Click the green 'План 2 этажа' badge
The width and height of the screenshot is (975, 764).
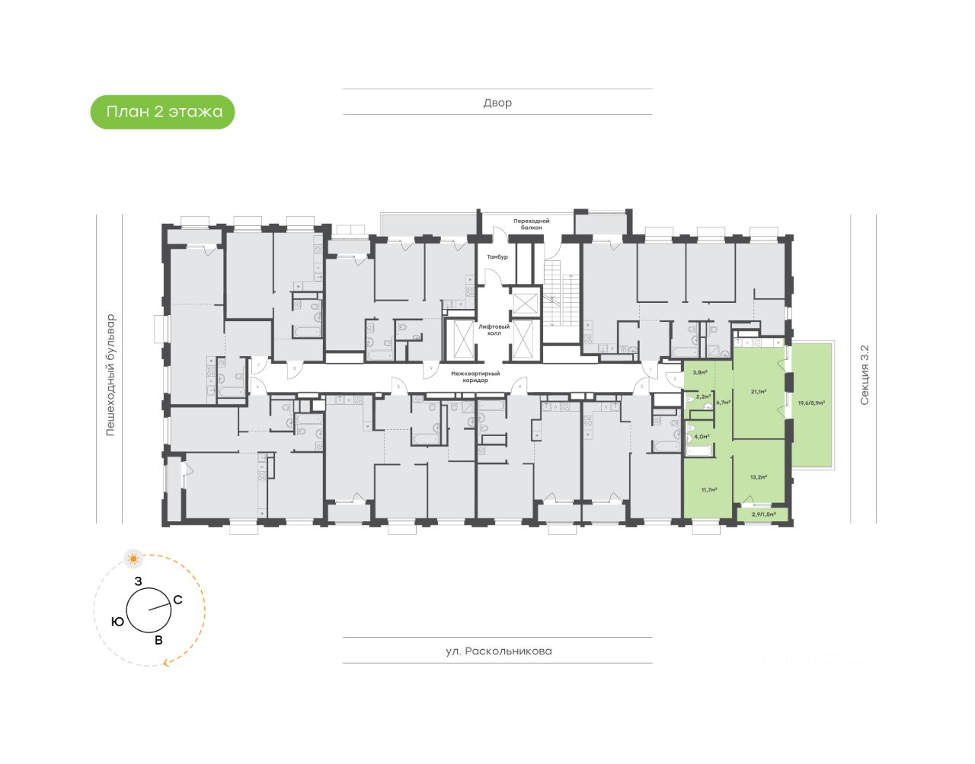pos(163,113)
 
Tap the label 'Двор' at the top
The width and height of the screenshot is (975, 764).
pos(497,103)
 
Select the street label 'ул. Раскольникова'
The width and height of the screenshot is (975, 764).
pos(499,651)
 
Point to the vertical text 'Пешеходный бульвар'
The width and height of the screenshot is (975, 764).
pos(110,374)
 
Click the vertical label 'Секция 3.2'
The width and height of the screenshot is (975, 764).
pos(864,374)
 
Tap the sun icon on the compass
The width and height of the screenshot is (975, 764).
pos(134,559)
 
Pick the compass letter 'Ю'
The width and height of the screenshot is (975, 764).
pos(117,622)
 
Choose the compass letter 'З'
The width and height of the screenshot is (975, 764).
pos(138,581)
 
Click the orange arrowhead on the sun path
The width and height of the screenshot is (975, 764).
pos(165,664)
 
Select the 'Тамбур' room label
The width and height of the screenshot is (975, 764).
pos(497,257)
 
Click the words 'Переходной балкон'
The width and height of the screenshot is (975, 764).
pos(531,224)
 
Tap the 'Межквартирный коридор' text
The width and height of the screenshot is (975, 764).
pos(469,377)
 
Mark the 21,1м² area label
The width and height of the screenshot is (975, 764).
pos(758,392)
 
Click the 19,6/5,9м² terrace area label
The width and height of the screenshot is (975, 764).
pos(812,403)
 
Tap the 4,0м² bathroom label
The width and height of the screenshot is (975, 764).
pos(701,437)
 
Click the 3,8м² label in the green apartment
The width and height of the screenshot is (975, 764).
pos(699,373)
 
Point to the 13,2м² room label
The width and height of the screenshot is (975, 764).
pos(758,478)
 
